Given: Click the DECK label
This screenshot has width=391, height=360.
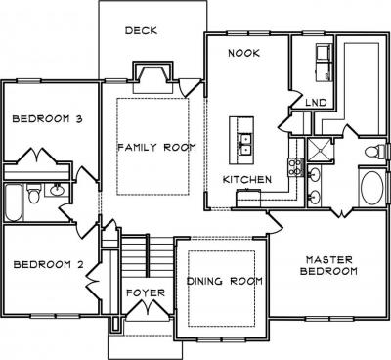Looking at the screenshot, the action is pyautogui.click(x=141, y=31).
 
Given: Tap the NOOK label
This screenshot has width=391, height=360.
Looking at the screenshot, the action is pyautogui.click(x=243, y=53).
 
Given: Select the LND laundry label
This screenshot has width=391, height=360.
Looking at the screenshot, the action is pyautogui.click(x=316, y=103).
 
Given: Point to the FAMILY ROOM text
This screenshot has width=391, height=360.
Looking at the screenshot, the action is pyautogui.click(x=156, y=148).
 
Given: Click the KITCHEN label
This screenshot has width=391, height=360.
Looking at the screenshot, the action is pyautogui.click(x=247, y=179).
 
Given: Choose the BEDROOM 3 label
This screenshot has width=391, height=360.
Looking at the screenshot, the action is pyautogui.click(x=47, y=119).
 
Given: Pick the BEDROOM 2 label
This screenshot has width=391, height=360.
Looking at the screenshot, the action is pyautogui.click(x=48, y=264).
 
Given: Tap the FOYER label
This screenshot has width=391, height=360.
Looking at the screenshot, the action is pyautogui.click(x=146, y=292).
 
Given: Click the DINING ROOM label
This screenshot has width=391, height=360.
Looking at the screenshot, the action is pyautogui.click(x=225, y=281).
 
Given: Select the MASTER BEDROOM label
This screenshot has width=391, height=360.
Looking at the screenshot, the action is pyautogui.click(x=328, y=265).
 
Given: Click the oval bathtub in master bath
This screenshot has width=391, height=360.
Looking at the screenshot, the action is pyautogui.click(x=371, y=188).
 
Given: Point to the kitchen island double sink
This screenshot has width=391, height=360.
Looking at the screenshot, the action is pyautogui.click(x=244, y=144).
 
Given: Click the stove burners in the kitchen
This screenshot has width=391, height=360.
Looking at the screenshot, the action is pyautogui.click(x=295, y=167).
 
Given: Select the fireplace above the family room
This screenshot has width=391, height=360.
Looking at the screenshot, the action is pyautogui.click(x=152, y=77).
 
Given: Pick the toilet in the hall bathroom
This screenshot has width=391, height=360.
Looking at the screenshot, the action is pyautogui.click(x=33, y=193).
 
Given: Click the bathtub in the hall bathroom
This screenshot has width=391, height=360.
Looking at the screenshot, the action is pyautogui.click(x=14, y=202).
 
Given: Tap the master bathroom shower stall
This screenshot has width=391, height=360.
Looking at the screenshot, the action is pyautogui.click(x=320, y=150).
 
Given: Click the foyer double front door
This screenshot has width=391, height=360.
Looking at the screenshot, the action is pyautogui.click(x=148, y=307).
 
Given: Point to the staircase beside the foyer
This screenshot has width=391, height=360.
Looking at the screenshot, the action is pyautogui.click(x=149, y=257).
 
